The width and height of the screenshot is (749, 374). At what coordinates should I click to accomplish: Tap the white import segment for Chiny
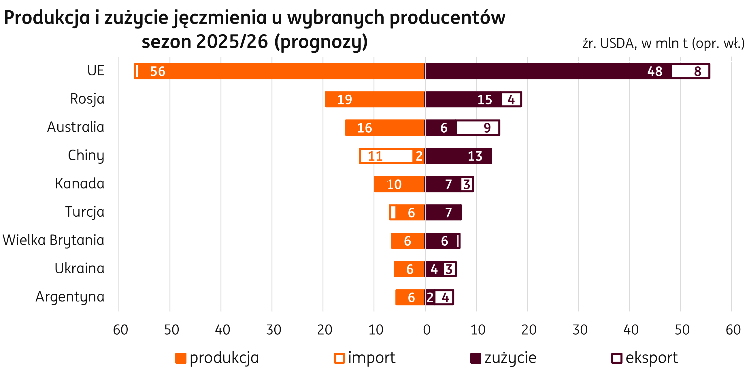387,156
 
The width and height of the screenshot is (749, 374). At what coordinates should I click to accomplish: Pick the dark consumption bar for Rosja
462,99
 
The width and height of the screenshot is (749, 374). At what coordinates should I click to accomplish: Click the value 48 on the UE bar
655,71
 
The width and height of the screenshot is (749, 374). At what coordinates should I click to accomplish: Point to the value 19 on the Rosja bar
345,100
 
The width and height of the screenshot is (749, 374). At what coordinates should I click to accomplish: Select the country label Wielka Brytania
53,240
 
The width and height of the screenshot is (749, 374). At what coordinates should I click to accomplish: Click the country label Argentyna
70,297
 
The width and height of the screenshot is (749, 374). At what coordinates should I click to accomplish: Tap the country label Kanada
80,184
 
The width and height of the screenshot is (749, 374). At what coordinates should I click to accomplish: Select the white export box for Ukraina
449,269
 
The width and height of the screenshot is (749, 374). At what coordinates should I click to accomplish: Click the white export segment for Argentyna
444,297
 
